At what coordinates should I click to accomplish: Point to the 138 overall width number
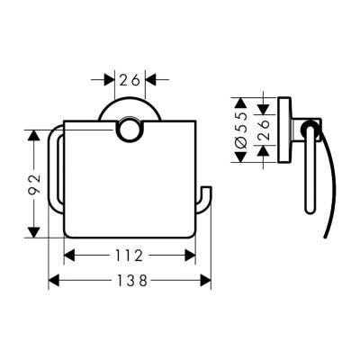[x=131, y=281]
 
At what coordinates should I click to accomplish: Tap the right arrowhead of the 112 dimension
[x=190, y=256]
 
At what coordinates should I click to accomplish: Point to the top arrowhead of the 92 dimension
[x=33, y=135]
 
